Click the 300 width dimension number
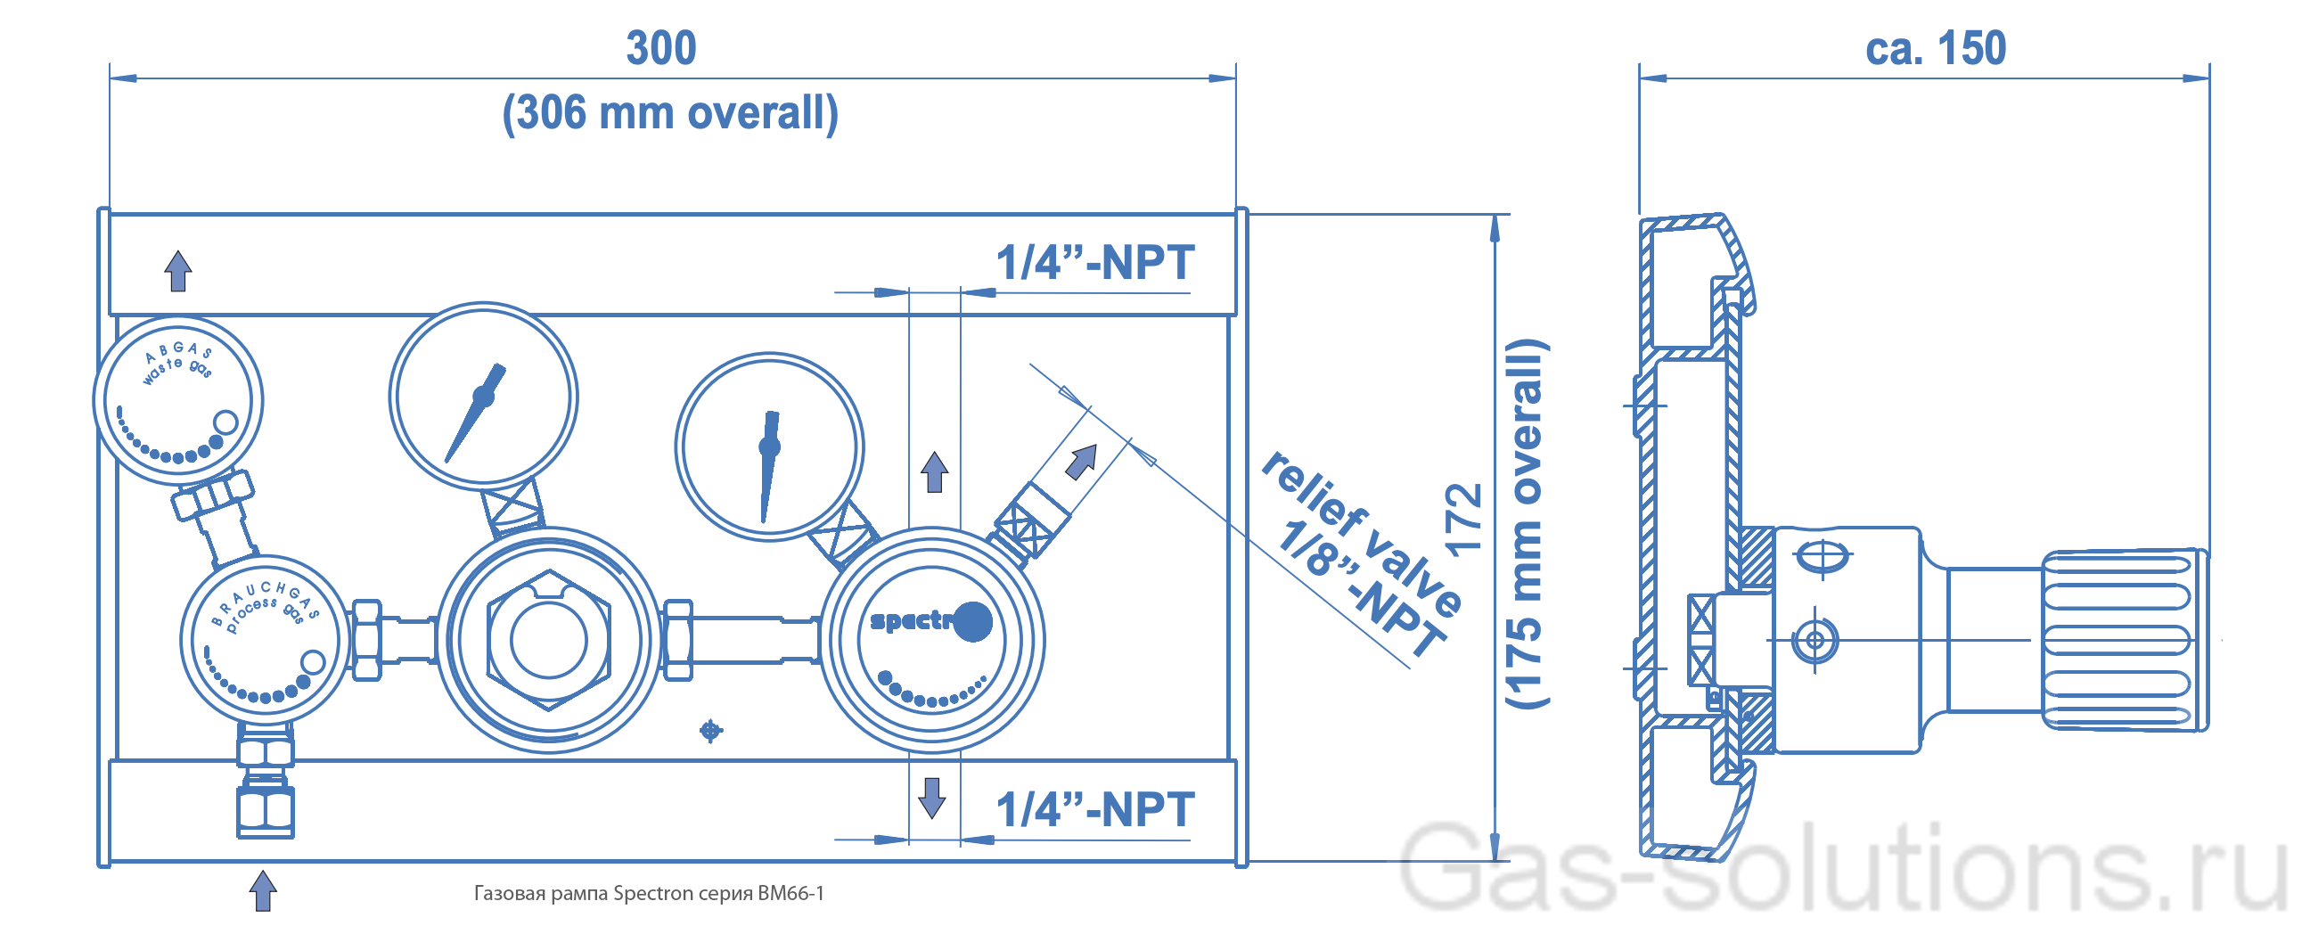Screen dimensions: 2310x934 661,47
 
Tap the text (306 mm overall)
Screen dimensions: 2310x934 670,113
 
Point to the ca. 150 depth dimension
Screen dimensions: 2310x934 1935,47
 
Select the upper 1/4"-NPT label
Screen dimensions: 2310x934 1095,263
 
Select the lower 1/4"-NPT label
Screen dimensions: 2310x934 1095,809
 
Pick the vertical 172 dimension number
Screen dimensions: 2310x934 1463,520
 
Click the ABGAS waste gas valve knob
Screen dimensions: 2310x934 177,401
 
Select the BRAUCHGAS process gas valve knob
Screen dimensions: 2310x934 265,639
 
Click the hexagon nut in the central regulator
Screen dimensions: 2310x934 549,640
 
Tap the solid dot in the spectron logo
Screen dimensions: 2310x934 973,621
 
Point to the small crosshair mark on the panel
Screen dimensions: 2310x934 710,731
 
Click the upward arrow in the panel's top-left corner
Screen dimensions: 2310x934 177,271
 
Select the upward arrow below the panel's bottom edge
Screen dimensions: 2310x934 263,890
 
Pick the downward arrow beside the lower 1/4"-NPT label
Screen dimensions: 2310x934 932,797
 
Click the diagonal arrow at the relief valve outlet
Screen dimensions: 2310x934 1081,462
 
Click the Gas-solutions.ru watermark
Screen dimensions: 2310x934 1843,868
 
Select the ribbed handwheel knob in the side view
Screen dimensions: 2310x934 2126,640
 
